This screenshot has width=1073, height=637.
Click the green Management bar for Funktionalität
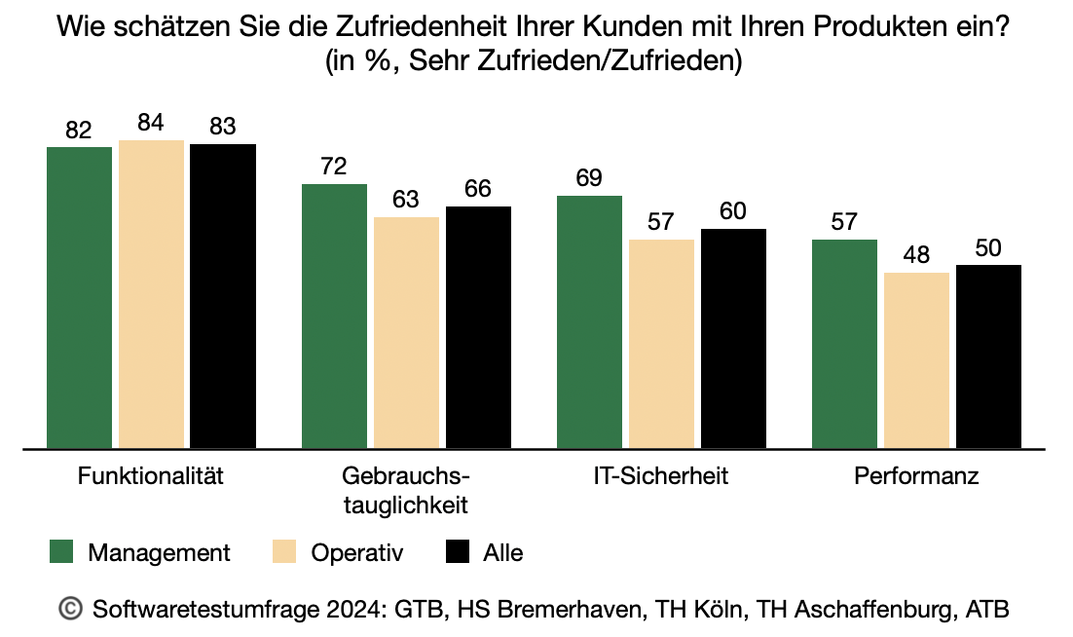coord(80,298)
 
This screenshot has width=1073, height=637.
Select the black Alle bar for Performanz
coord(988,356)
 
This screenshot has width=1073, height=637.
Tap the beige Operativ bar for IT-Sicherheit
coord(661,344)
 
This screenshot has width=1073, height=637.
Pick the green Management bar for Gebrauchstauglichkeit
coord(334,317)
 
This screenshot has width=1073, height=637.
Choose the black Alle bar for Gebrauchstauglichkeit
coord(478,327)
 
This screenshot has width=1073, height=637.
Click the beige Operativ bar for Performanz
coord(916,360)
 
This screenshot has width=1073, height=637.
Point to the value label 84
coord(151,124)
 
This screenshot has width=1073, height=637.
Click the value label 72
coord(334,167)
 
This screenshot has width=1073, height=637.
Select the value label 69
coord(589,178)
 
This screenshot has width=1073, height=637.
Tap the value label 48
coord(916,256)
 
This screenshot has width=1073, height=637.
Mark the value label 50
coord(988,248)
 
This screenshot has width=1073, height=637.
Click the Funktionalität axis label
coord(151,477)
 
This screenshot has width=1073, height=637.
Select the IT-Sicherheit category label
coord(661,477)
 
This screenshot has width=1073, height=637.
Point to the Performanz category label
coord(916,477)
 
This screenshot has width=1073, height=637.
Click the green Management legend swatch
coord(62,553)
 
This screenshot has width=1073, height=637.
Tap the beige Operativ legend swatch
coord(282,553)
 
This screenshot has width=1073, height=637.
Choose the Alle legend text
coord(502,553)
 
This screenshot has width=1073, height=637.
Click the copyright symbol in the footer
coord(71,609)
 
